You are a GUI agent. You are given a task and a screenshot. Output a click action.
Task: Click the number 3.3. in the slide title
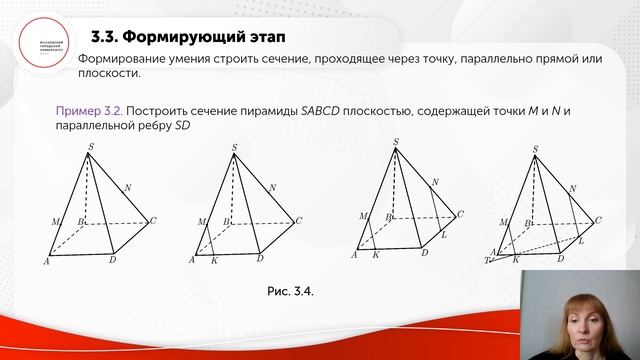click(x=105, y=38)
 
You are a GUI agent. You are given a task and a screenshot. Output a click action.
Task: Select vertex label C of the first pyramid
click(x=154, y=220)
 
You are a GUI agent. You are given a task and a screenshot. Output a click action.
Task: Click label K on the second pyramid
click(x=214, y=260)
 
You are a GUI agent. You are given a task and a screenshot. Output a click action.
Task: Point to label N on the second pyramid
click(x=273, y=187)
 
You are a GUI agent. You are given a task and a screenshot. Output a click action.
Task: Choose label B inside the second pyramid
click(x=228, y=221)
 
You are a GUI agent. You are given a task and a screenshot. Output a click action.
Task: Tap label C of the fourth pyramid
click(x=598, y=220)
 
